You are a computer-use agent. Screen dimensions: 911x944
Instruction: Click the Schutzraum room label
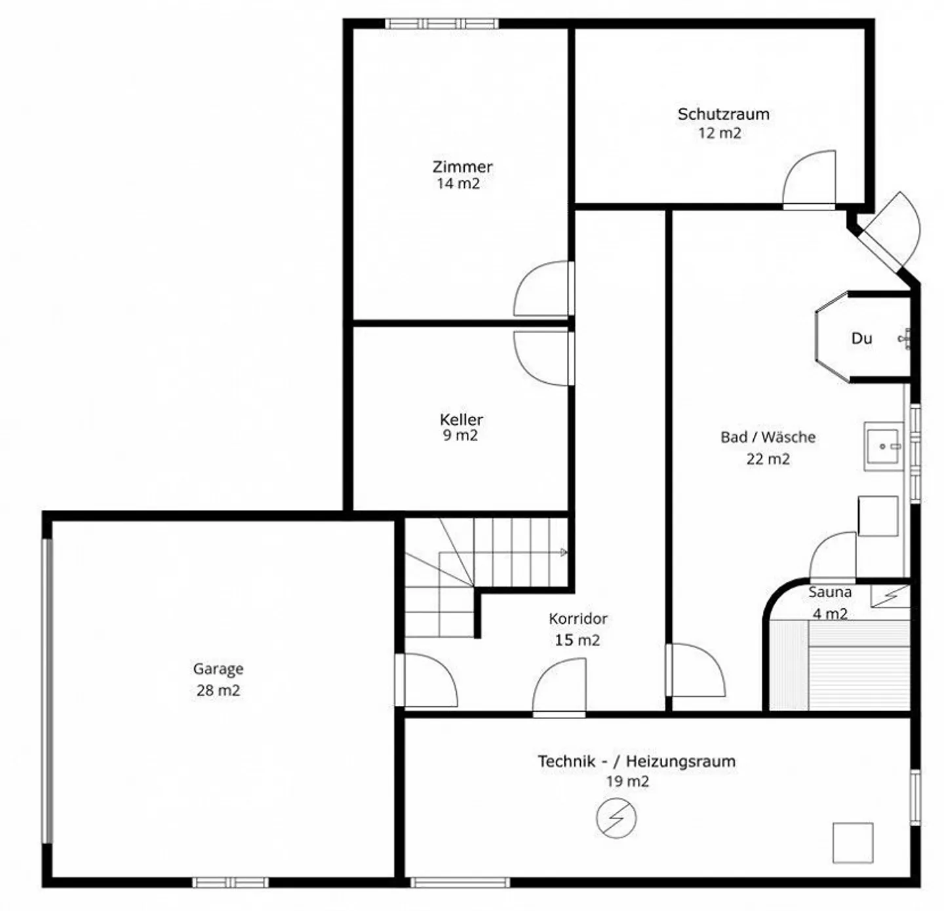723,114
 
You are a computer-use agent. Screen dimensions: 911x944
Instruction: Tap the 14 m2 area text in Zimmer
458,184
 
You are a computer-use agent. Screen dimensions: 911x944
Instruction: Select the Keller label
462,419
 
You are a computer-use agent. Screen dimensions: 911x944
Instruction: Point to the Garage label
218,669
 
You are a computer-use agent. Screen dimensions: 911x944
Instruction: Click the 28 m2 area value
218,690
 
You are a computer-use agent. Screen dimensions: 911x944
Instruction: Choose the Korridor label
578,619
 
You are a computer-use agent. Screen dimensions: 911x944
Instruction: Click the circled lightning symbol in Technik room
616,818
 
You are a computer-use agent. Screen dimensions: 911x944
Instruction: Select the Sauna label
830,592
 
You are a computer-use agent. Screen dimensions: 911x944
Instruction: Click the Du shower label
861,339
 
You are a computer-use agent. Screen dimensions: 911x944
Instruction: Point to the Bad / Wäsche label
768,437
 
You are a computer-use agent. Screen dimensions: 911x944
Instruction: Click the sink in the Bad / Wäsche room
884,446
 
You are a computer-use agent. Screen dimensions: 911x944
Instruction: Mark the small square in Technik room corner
853,843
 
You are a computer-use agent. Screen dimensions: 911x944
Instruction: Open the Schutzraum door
810,180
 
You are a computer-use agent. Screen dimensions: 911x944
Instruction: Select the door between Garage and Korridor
427,680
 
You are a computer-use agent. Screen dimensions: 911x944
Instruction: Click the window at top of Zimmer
442,24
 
